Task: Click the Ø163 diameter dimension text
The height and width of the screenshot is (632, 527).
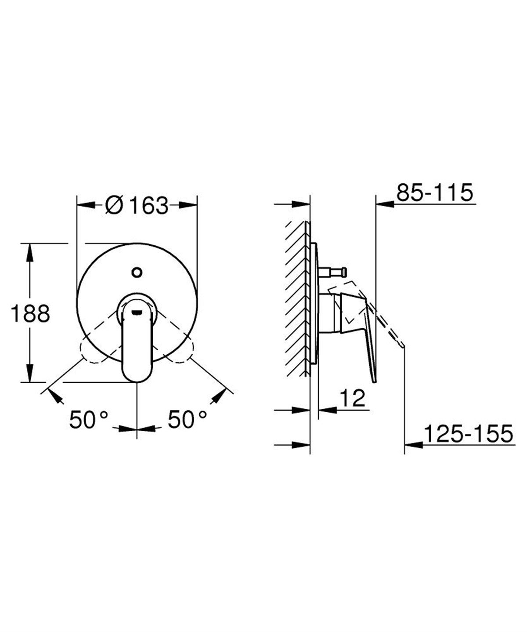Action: tap(137, 205)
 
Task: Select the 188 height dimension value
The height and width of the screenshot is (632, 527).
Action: tap(30, 314)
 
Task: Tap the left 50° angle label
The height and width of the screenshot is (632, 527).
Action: tap(88, 420)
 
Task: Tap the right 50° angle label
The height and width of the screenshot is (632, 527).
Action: tap(187, 420)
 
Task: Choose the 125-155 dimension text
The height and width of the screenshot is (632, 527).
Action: tap(468, 434)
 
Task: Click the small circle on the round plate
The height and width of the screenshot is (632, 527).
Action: tap(137, 272)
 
